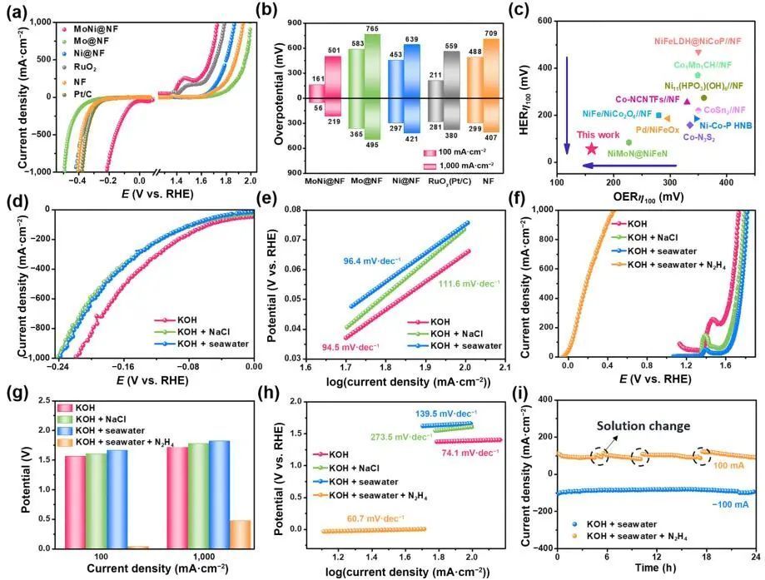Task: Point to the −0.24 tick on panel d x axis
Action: pyautogui.click(x=59, y=365)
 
